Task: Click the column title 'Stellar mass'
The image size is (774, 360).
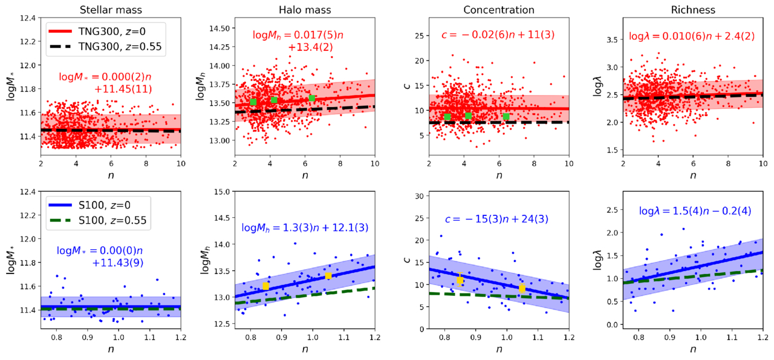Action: point(111,10)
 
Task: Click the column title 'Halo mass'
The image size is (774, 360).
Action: point(304,10)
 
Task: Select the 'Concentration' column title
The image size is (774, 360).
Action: point(499,10)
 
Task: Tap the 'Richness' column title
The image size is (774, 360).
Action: point(692,10)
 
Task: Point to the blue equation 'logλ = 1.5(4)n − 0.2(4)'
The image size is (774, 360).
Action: point(694,212)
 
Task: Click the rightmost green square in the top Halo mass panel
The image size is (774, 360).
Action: point(312,99)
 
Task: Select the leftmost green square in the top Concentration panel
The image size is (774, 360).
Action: point(447,117)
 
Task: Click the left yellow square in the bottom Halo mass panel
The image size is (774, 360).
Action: point(265,286)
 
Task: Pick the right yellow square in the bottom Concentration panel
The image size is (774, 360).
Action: point(522,289)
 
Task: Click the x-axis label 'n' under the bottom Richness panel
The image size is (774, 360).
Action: point(692,350)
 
